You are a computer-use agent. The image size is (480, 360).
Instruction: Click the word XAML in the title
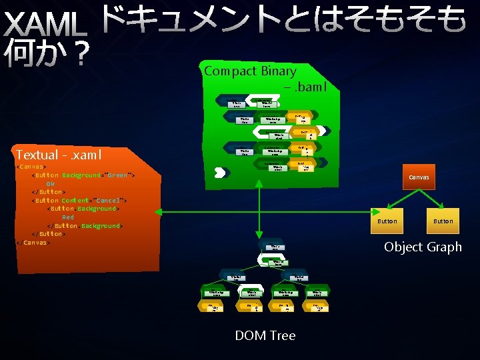45,27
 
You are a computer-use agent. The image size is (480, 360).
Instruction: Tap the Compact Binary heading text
250,71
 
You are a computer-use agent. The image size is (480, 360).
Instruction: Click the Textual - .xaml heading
58,155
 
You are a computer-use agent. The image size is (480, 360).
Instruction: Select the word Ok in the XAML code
51,183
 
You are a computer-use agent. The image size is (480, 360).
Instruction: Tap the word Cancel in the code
108,200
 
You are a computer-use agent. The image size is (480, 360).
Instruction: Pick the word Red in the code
68,217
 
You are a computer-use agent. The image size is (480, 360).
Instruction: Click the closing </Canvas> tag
33,243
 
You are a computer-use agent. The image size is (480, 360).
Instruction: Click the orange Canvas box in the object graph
419,177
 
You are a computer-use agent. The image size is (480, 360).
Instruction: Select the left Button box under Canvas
387,221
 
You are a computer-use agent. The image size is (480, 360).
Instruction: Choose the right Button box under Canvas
443,221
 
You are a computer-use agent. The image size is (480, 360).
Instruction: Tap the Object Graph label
422,247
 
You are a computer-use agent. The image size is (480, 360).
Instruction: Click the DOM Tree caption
265,335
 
